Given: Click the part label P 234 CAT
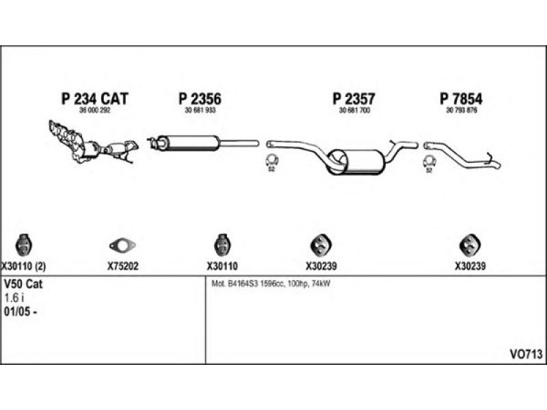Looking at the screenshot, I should point(95,98).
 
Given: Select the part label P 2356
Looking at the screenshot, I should point(200,98).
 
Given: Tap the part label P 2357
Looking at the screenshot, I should point(354,98).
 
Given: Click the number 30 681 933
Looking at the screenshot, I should point(200,110).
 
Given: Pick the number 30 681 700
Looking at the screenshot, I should point(354,110).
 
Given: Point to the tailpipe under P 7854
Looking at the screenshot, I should point(465,157).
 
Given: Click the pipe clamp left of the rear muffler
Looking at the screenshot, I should point(271,162).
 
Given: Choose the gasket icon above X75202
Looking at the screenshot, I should point(123,244).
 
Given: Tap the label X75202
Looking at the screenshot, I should point(123,266).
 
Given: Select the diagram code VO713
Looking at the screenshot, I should point(525,353).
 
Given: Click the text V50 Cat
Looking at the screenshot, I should point(23,285).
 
